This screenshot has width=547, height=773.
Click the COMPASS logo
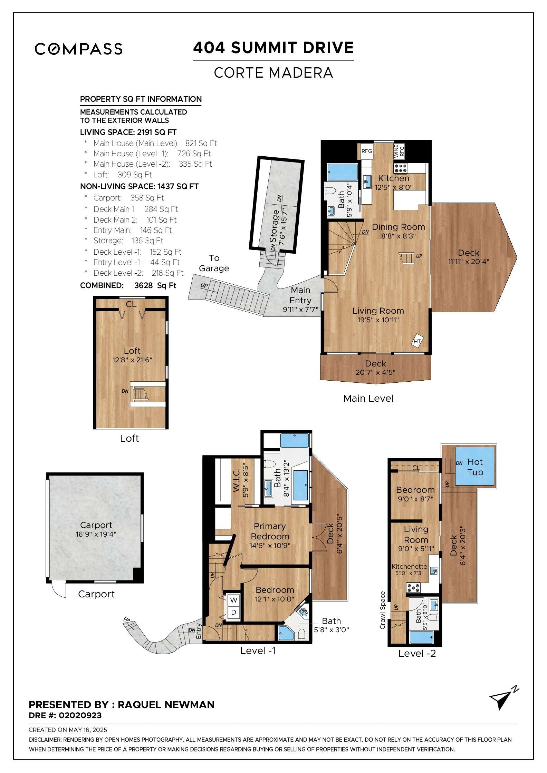pyautogui.click(x=79, y=49)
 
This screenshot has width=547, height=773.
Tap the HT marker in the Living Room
pyautogui.click(x=417, y=341)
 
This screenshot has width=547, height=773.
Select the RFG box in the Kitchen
pyautogui.click(x=366, y=151)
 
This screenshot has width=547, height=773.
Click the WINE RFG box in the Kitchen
pyautogui.click(x=399, y=151)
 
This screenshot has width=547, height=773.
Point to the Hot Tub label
pyautogui.click(x=475, y=467)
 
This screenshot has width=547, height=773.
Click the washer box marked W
pyautogui.click(x=234, y=600)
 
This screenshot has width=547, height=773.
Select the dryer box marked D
pyautogui.click(x=234, y=613)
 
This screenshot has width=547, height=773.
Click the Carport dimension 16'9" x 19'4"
pyautogui.click(x=96, y=534)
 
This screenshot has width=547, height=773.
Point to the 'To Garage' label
pyautogui.click(x=214, y=263)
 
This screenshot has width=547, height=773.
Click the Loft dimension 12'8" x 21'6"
pyautogui.click(x=132, y=360)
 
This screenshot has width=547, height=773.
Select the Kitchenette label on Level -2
pyautogui.click(x=409, y=567)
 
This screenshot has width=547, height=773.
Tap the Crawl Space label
pyautogui.click(x=382, y=610)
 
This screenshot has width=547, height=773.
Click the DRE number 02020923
pyautogui.click(x=80, y=715)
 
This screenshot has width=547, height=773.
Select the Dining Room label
pyautogui.click(x=399, y=227)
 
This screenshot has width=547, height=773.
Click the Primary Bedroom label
pyautogui.click(x=270, y=531)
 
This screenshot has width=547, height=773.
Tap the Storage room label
pyautogui.click(x=275, y=226)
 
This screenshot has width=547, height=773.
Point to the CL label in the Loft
pyautogui.click(x=131, y=304)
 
